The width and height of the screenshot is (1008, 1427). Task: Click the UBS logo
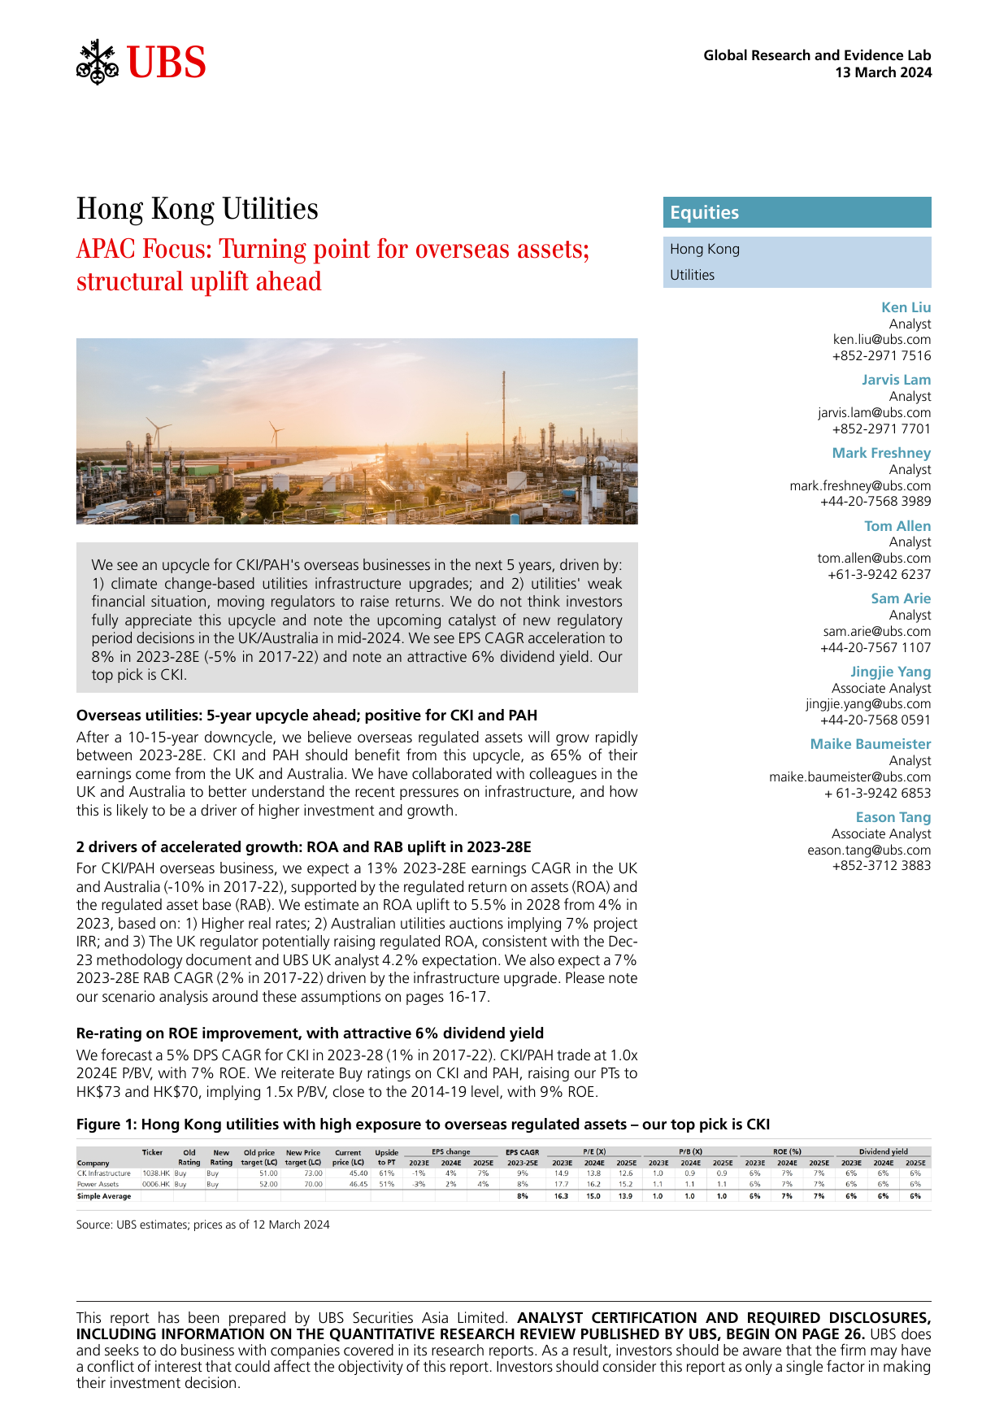pos(141,62)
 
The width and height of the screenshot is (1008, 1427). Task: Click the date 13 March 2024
pos(883,72)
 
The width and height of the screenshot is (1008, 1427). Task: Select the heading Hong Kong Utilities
pos(198,209)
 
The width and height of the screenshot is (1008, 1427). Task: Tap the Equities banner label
pos(704,212)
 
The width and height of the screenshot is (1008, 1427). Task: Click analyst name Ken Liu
pos(906,307)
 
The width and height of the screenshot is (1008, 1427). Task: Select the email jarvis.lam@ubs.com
pos(874,412)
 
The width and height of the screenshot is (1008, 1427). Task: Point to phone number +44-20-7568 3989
pos(875,502)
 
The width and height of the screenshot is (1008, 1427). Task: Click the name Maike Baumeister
pos(870,744)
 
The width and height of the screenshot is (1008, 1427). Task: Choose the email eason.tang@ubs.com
pos(869,850)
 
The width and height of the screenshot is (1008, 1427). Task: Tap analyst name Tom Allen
pos(897,526)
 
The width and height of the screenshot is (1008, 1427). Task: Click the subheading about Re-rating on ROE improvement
pos(310,1033)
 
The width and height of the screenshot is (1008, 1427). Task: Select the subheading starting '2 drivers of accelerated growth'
pos(303,846)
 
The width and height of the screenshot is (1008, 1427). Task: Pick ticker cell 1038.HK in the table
pos(156,1173)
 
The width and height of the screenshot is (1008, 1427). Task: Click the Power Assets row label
pos(98,1184)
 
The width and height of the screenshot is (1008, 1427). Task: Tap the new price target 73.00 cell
pos(313,1173)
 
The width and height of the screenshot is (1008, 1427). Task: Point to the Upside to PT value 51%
pos(386,1184)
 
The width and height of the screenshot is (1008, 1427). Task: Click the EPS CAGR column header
pos(522,1152)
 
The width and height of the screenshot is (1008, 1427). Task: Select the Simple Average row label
pos(104,1196)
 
